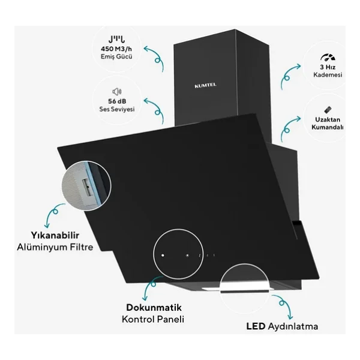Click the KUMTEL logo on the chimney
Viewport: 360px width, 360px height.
point(205,85)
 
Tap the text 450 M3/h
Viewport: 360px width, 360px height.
point(116,49)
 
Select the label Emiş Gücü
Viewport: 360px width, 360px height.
point(116,56)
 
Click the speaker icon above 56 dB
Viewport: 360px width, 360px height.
point(117,92)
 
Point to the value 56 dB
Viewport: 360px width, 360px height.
point(117,101)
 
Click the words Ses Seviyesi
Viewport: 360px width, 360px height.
point(117,109)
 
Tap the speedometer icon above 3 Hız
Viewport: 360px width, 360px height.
point(328,57)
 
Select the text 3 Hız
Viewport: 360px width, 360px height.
point(328,67)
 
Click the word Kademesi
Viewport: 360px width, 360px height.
point(328,74)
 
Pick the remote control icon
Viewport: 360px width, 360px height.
point(328,110)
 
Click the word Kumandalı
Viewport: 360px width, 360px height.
point(328,127)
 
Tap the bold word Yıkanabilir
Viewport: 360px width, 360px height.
point(55,235)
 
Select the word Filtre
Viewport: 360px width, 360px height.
point(82,247)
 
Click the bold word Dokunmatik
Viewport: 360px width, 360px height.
point(154,307)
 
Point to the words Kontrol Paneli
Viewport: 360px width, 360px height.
point(153,319)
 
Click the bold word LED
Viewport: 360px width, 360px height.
point(256,326)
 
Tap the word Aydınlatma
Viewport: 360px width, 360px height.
point(293,326)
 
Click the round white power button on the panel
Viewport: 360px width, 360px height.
point(163,255)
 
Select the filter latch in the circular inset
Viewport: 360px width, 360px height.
point(88,187)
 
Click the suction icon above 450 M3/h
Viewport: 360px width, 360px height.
point(116,40)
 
